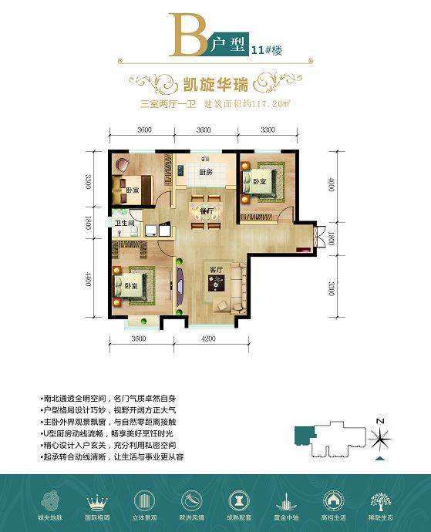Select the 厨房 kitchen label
tap(204, 172)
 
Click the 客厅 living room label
tap(217, 268)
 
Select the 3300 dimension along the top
tap(268, 130)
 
